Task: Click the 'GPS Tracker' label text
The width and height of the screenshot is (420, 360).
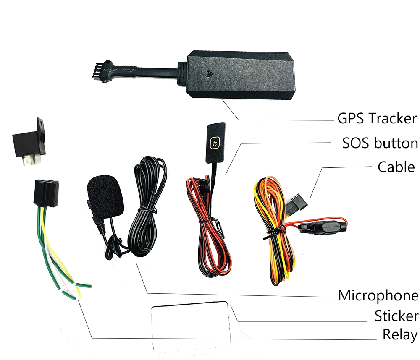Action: [x=377, y=119]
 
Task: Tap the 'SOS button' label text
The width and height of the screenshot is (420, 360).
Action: [x=380, y=143]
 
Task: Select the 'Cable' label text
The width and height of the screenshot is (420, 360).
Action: [x=396, y=167]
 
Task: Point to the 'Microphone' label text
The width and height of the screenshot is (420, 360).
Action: [x=378, y=296]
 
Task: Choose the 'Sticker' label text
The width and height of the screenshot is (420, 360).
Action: [x=396, y=316]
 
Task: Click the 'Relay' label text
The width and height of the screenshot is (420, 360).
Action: [x=399, y=335]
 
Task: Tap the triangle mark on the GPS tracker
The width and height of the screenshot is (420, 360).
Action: [x=209, y=73]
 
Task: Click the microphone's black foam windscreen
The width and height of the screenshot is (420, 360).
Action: [x=106, y=194]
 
